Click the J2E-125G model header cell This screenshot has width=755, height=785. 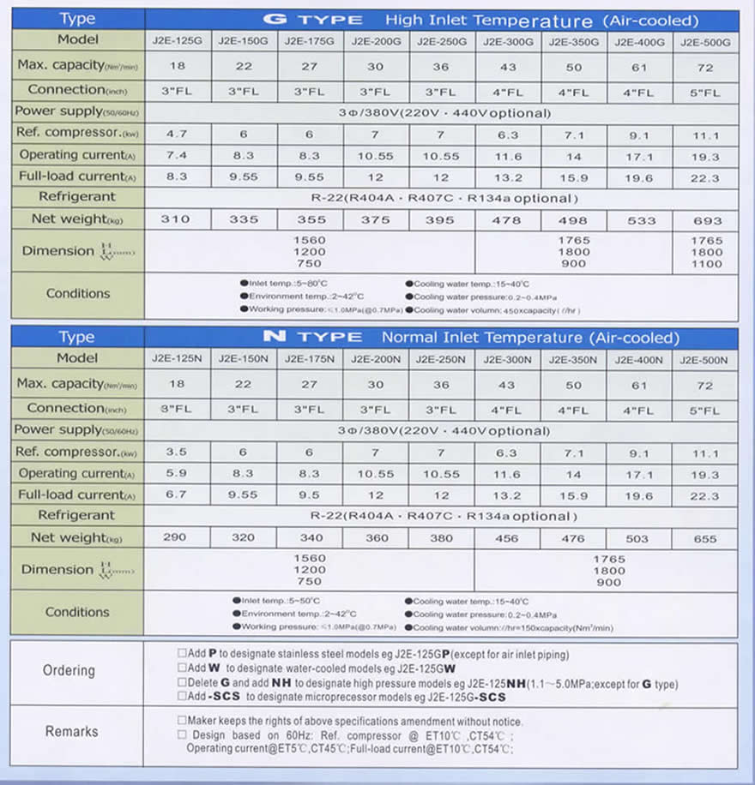click(178, 41)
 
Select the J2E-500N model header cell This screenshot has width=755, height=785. click(706, 360)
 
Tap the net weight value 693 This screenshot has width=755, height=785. click(706, 220)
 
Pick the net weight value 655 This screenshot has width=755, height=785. click(706, 539)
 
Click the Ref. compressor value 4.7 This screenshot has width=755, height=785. click(178, 135)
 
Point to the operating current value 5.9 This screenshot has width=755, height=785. click(178, 474)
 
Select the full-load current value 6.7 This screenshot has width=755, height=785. click(178, 496)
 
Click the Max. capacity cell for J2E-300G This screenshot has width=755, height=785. click(508, 67)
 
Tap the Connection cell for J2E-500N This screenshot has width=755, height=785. click(706, 410)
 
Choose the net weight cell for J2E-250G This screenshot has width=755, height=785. click(442, 220)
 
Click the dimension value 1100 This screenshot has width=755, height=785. click(706, 264)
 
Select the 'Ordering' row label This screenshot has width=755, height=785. click(69, 670)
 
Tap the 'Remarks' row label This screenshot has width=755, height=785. click(71, 732)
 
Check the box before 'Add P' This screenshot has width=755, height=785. click(181, 654)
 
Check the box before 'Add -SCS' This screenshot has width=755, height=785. click(181, 696)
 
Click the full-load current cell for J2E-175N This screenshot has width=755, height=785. click(311, 496)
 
